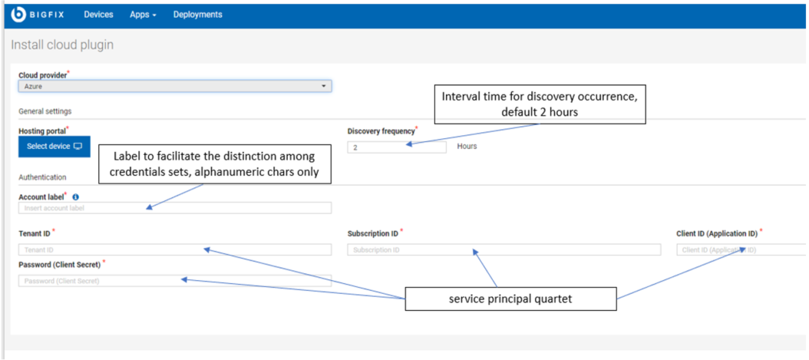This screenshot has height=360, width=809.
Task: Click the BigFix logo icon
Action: (x=18, y=15)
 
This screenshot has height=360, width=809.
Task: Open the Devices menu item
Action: (x=98, y=15)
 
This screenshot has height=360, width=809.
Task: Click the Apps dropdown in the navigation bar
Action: (x=143, y=15)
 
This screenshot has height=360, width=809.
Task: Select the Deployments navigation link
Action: (x=197, y=15)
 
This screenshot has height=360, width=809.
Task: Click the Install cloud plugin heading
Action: (x=62, y=45)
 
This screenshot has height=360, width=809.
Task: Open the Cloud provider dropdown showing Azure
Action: (x=175, y=86)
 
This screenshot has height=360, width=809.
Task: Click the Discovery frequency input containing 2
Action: (x=397, y=147)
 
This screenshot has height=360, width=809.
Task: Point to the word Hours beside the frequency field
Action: (x=467, y=147)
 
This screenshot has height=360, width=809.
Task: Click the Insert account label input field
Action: (x=175, y=208)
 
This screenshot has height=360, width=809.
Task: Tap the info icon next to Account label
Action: (x=75, y=197)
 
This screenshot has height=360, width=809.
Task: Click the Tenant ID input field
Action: (x=175, y=249)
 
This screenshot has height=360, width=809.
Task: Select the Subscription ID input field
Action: (x=504, y=249)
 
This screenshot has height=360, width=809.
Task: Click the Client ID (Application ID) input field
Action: (x=742, y=249)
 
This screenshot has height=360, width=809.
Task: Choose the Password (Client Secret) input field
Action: (x=175, y=281)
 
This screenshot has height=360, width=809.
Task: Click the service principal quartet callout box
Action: (x=510, y=299)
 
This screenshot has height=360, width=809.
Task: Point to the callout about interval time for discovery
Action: (x=540, y=104)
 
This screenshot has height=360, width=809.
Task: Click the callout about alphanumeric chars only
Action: (x=215, y=163)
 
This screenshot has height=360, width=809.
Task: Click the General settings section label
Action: (x=45, y=111)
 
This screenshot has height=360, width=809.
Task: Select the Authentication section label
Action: (x=42, y=177)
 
